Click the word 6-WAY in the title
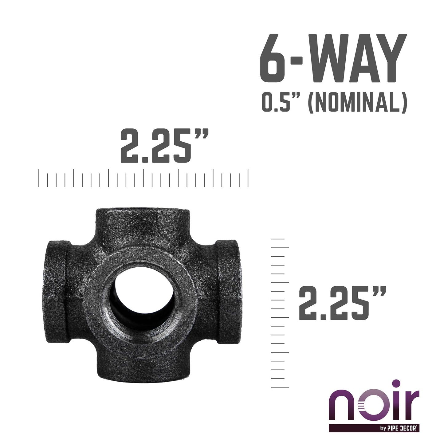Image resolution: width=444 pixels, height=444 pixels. coord(333,60)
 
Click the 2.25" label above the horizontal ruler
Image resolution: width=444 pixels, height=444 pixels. coord(164,147)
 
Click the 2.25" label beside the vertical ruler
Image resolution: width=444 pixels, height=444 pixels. coord(342,303)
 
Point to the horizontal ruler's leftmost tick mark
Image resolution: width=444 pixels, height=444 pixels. coord(39,178)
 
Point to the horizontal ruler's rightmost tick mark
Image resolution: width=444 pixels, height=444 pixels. coord(248,178)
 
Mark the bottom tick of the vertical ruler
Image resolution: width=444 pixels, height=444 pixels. coord(279,387)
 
